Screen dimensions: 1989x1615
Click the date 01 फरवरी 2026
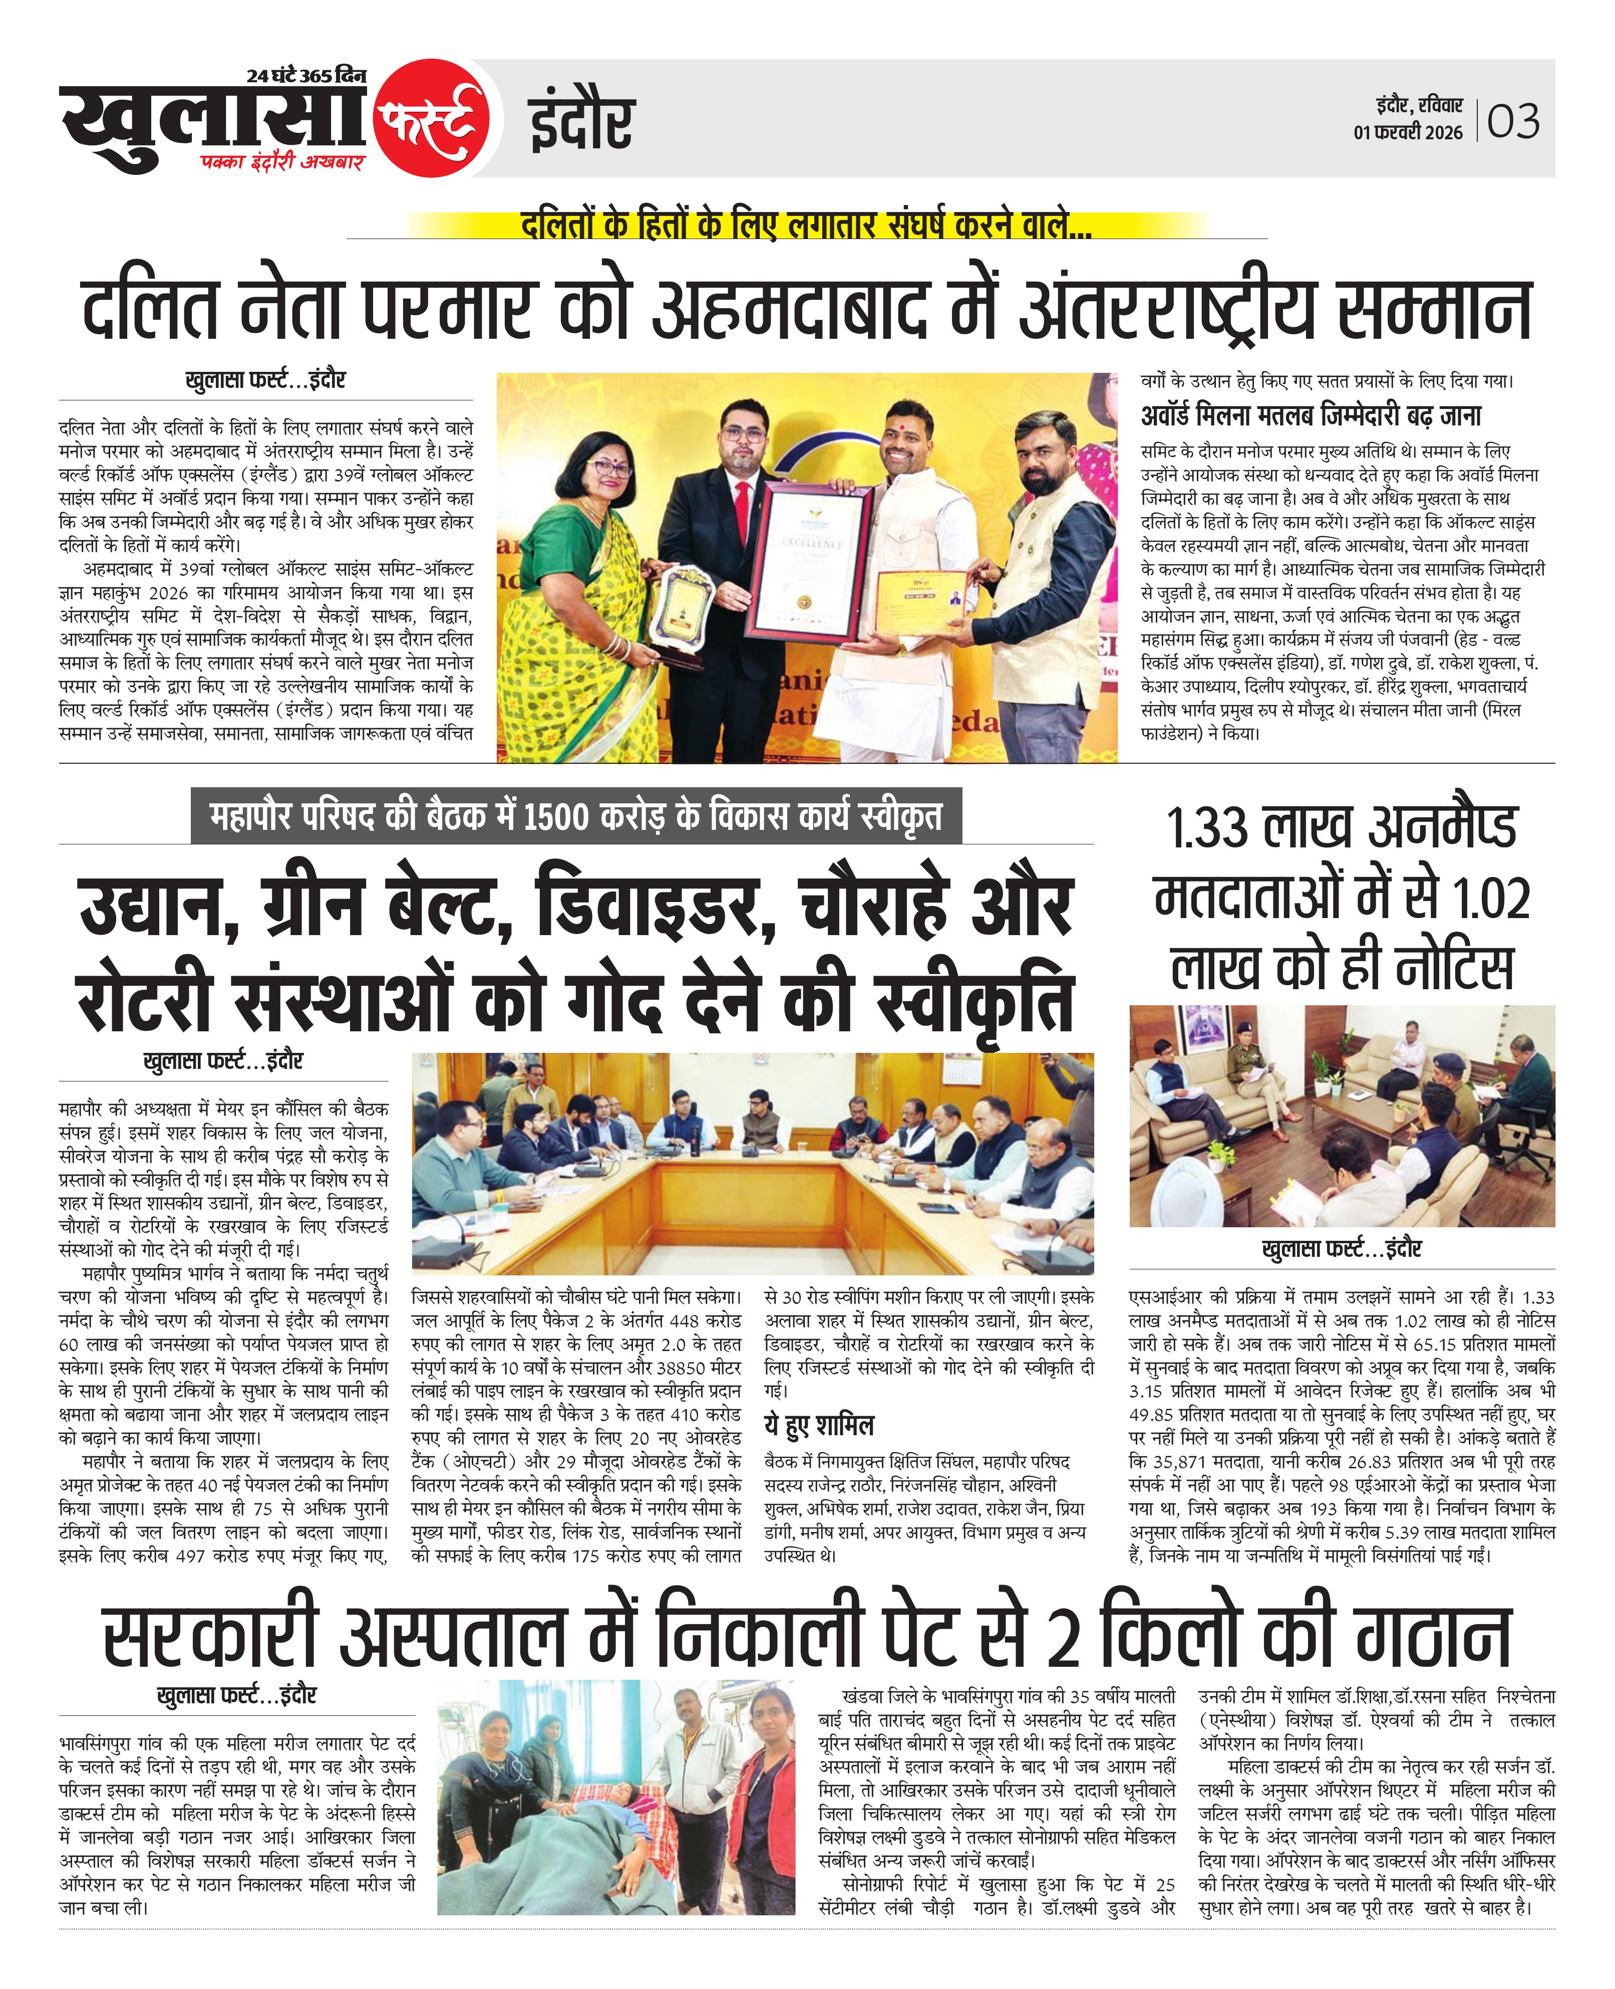pos(1408,133)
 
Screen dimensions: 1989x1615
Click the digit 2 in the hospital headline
pos(1063,1640)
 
